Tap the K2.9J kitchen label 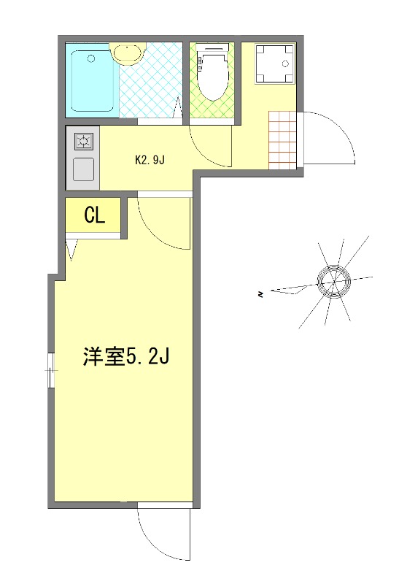click(x=151, y=160)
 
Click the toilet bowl click(x=213, y=77)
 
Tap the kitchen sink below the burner click(x=82, y=169)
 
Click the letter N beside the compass click(x=260, y=294)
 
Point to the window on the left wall click(x=51, y=371)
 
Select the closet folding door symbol click(x=71, y=250)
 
